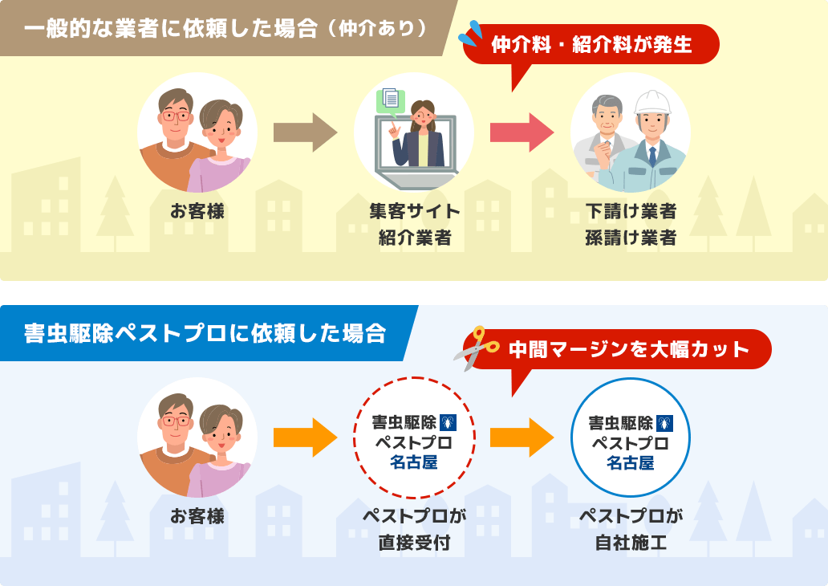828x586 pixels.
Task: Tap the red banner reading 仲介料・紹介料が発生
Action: coord(591,43)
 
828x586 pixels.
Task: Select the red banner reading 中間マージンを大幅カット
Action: coord(627,349)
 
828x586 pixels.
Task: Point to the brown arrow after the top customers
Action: coord(305,133)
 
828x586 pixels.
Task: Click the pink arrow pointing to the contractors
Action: coord(522,133)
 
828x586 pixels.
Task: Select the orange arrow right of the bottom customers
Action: coord(305,438)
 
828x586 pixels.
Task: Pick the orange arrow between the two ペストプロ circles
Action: coord(522,438)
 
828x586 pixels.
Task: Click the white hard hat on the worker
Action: coord(651,103)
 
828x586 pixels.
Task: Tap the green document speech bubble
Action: coord(391,99)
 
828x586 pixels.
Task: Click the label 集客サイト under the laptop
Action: coord(414,212)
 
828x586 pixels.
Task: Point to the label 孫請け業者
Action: coord(631,238)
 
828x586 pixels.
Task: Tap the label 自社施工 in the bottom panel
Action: coord(631,543)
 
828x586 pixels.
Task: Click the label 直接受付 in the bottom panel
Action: coord(414,543)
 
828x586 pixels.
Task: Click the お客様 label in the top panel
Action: coord(197,212)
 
